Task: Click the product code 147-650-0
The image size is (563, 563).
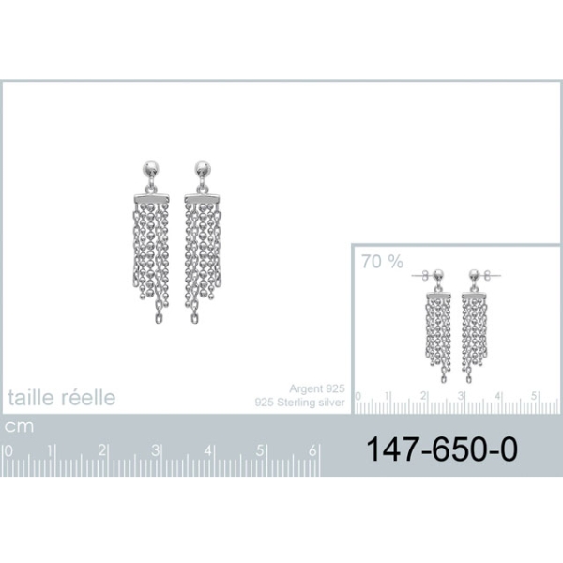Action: (x=442, y=449)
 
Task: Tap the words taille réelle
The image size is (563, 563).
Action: (x=62, y=398)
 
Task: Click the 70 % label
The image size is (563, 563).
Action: (x=383, y=262)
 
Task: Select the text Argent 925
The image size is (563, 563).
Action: (x=317, y=388)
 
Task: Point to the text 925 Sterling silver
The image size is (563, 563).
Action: (x=300, y=403)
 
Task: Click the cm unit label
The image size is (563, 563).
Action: (x=19, y=427)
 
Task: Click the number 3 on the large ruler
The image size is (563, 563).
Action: (x=155, y=450)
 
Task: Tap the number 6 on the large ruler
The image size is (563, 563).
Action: (x=312, y=450)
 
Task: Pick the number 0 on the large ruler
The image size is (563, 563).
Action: (x=8, y=451)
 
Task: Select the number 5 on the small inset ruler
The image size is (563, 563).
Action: (x=534, y=396)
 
